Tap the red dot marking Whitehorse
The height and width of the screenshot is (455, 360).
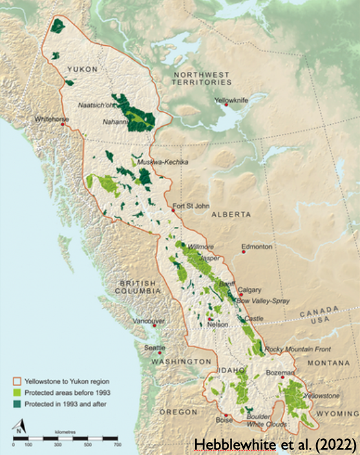pos(63,124)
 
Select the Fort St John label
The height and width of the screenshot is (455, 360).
pos(192,207)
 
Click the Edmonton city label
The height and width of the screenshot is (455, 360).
pos(257,247)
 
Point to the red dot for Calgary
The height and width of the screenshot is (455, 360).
pos(240,294)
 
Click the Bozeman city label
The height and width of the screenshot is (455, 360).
pos(279,373)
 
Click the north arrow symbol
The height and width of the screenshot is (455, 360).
pos(20,427)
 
